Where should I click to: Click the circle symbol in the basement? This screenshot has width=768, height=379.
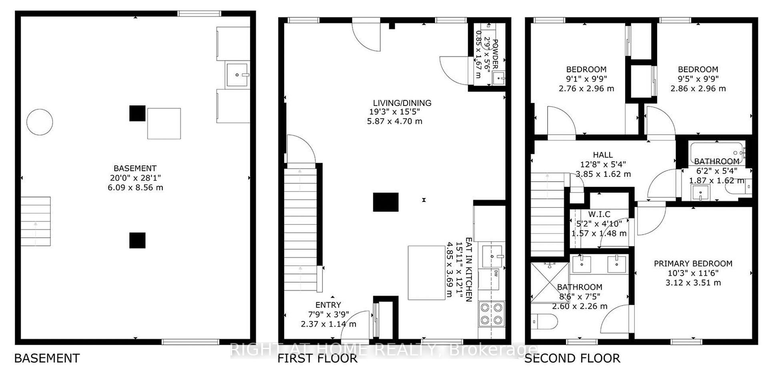pos(40,122)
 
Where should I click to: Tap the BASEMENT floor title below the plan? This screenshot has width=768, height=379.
pos(47,358)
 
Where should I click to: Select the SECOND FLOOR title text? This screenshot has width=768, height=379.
pos(572,358)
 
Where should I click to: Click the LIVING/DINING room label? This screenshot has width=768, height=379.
pos(402,103)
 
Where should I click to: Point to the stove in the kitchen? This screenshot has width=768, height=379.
pos(492,314)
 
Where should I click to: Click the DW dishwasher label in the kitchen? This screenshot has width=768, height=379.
pos(496,274)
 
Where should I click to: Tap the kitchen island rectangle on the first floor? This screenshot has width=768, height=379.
pos(426,273)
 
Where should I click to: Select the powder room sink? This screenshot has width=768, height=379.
pos(498,79)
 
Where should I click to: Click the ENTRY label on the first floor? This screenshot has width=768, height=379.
pos(328,305)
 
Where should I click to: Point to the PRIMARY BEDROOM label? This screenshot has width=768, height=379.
pos(693,263)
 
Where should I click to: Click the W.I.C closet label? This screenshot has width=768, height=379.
pos(599,215)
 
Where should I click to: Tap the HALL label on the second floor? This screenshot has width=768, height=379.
pos(603,155)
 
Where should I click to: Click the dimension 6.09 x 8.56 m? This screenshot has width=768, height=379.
pos(135,188)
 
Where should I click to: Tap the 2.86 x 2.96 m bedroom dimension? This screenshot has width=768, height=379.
pos(698,88)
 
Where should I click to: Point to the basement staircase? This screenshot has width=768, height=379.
pos(36,221)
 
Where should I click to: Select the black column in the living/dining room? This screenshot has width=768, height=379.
pos(386,202)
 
